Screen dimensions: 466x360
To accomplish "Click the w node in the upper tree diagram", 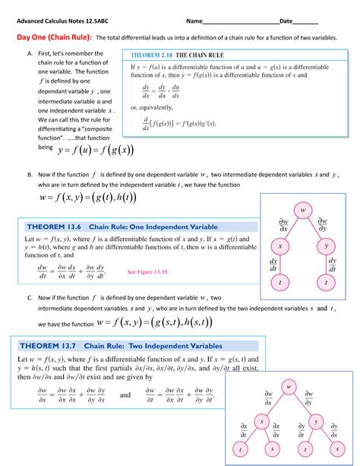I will [x=302, y=209].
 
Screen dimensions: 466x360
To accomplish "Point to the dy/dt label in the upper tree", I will [x=333, y=265].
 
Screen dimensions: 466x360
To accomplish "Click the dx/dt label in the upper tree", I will [x=273, y=265].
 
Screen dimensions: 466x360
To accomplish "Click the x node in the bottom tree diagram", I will [x=260, y=420].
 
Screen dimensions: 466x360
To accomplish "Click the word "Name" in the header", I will [x=201, y=19].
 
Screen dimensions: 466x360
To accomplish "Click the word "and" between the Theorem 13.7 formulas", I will [x=125, y=395].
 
